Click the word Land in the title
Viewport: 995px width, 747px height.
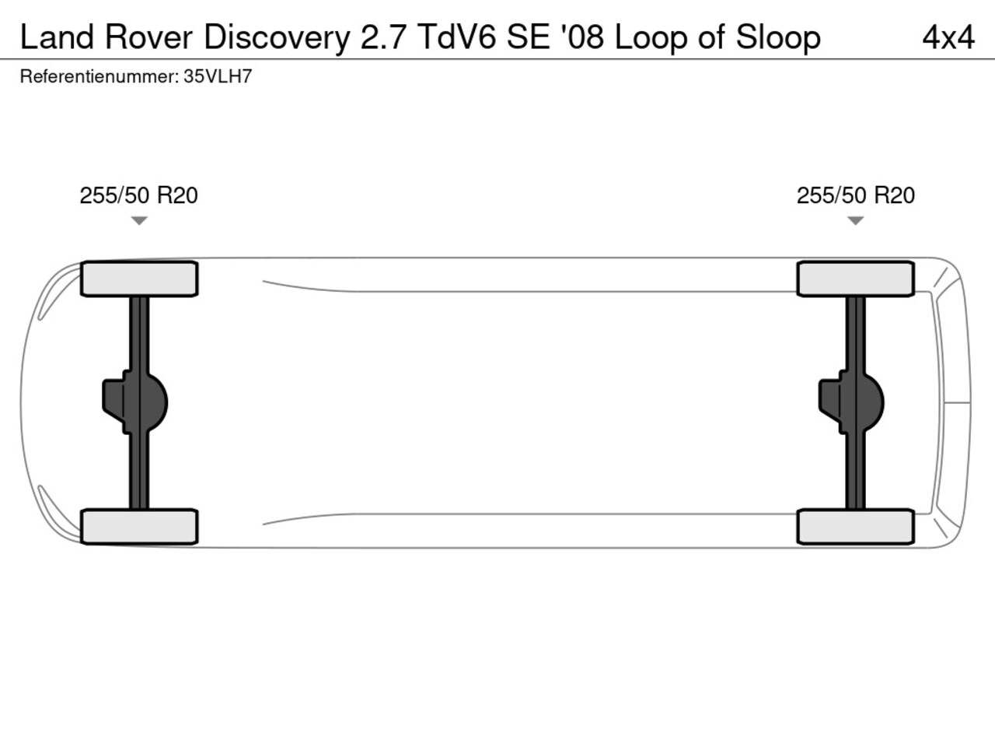pyautogui.click(x=57, y=37)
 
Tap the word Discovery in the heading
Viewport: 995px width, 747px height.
pyautogui.click(x=277, y=38)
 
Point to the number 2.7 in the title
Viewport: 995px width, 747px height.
pyautogui.click(x=382, y=37)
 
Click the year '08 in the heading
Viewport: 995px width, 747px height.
pyautogui.click(x=582, y=37)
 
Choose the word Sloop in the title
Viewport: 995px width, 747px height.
pyautogui.click(x=778, y=38)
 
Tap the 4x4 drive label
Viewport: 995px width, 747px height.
pyautogui.click(x=948, y=37)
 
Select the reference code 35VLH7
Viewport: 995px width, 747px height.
pyautogui.click(x=218, y=77)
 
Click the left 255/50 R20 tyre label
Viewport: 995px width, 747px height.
pyautogui.click(x=138, y=195)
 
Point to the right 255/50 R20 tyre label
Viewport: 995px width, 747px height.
pyautogui.click(x=856, y=195)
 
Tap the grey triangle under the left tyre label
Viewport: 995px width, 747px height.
pyautogui.click(x=139, y=220)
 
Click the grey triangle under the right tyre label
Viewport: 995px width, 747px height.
pyautogui.click(x=855, y=220)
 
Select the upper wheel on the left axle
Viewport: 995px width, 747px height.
pyautogui.click(x=139, y=279)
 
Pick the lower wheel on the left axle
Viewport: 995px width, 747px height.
pyautogui.click(x=139, y=527)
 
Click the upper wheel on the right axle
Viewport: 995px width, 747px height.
pyautogui.click(x=856, y=279)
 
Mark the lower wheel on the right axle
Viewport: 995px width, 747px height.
pyautogui.click(x=856, y=527)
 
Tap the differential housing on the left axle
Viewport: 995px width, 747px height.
pyautogui.click(x=135, y=403)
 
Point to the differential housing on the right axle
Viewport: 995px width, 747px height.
pyautogui.click(x=851, y=403)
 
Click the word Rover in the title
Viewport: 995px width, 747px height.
pyautogui.click(x=148, y=37)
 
